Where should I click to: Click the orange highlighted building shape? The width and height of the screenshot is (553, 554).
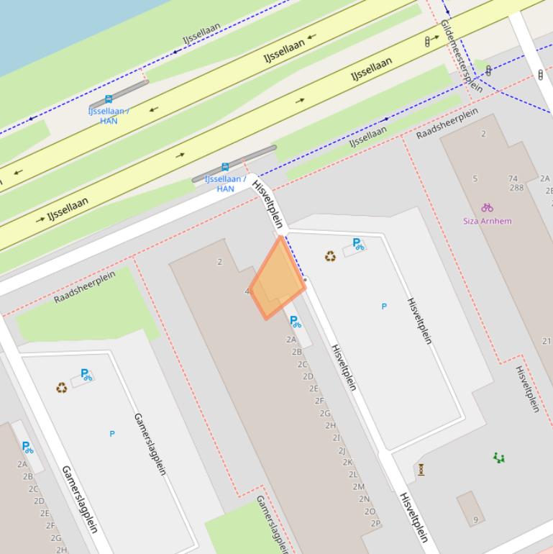[x=278, y=281]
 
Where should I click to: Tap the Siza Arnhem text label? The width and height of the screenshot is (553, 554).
[x=488, y=221]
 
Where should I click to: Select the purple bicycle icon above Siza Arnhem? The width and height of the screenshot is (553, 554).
[x=488, y=207]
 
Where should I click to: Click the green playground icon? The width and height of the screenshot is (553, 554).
[x=499, y=458]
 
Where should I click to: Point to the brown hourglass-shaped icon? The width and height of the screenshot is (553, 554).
[x=421, y=470]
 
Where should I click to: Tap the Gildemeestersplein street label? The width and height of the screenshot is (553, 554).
[x=461, y=56]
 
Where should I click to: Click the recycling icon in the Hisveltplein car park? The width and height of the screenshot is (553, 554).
[x=330, y=256]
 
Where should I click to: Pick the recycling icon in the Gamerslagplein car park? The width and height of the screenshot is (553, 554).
[x=62, y=388]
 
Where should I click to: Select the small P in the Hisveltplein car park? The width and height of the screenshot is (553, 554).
[x=384, y=306]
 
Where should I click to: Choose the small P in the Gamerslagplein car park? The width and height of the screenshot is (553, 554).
[x=111, y=434]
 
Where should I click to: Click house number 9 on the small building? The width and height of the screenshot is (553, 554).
[x=475, y=519]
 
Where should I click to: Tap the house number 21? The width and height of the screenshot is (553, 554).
[x=547, y=341]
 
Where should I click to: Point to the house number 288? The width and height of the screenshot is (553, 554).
[x=516, y=188]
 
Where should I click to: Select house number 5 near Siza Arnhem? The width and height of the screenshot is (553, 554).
[x=475, y=178]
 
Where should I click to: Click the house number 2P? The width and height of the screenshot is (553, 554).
[x=375, y=524]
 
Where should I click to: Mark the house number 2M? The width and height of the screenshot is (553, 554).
[x=358, y=487]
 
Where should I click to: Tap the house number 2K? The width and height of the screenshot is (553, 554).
[x=347, y=463]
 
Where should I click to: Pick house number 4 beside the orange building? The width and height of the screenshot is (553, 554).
[x=247, y=291]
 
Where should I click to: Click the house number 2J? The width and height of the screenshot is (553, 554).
[x=342, y=450]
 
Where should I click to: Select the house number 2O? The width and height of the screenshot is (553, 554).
[x=370, y=512]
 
